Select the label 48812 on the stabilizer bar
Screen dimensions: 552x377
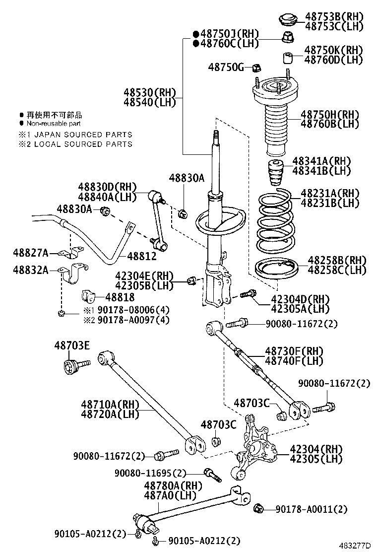141,256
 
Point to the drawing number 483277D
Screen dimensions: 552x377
355,545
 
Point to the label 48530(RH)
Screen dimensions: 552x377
144,92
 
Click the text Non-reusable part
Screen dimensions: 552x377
54,123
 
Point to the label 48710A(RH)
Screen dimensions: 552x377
109,405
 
